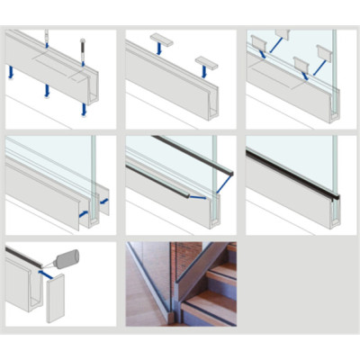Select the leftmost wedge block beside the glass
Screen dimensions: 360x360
pyautogui.click(x=258, y=42)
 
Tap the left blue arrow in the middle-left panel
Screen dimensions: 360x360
pyautogui.click(x=83, y=215)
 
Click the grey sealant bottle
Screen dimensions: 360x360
pyautogui.click(x=66, y=260)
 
